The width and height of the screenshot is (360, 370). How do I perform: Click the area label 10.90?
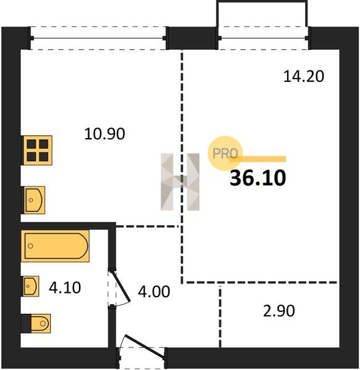point(104,134)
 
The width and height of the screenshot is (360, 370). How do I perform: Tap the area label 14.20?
point(304,76)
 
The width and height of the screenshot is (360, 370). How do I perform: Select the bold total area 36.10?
point(257,178)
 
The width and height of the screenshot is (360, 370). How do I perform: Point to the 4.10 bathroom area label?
point(65,287)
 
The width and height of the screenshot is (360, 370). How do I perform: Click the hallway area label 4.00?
point(154,292)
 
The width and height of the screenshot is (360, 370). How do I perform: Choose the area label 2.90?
point(279,311)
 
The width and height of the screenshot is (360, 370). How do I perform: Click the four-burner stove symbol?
point(37,150)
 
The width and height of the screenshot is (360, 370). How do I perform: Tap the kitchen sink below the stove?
point(33,200)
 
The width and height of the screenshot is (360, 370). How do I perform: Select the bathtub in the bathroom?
point(56,246)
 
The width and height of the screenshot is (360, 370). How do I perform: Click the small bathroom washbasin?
point(31,286)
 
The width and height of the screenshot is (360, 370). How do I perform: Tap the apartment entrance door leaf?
point(144,346)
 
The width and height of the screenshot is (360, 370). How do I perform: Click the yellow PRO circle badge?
point(225,154)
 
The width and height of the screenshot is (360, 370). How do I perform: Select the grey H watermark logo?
point(180,182)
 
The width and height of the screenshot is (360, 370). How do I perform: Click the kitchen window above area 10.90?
point(98,38)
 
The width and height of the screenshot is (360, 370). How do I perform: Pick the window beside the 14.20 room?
point(263,38)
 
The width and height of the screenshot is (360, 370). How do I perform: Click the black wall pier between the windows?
point(191,38)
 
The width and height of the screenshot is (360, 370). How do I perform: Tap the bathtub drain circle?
point(30,246)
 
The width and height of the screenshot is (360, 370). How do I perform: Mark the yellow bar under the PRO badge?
point(258,159)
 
